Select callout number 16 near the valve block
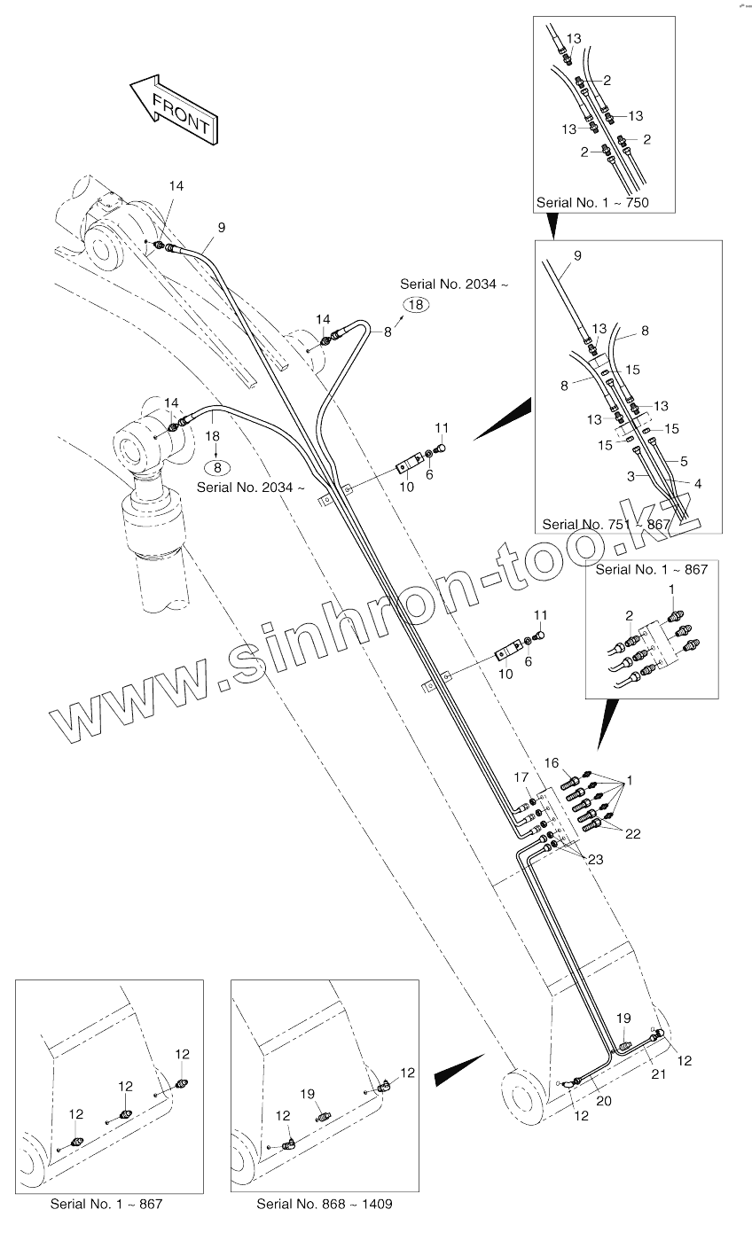click(x=552, y=762)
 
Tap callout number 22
click(x=632, y=834)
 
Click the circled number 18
click(x=416, y=304)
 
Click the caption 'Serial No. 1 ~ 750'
click(x=592, y=203)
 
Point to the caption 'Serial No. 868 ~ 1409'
click(x=324, y=1205)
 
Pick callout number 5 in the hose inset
click(x=685, y=461)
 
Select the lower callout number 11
click(x=540, y=614)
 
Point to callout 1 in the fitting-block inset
click(x=671, y=589)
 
